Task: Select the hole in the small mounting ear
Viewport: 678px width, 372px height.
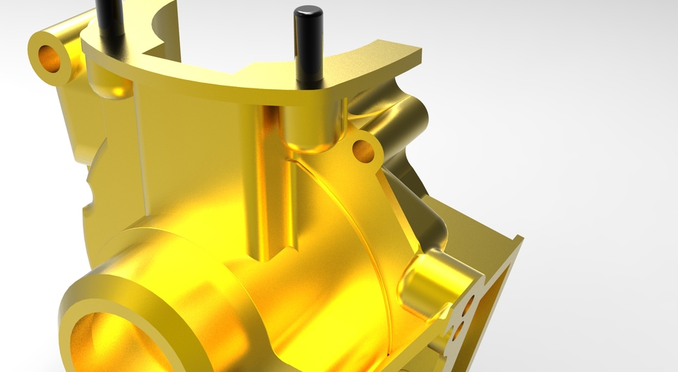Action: pos(362,149)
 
